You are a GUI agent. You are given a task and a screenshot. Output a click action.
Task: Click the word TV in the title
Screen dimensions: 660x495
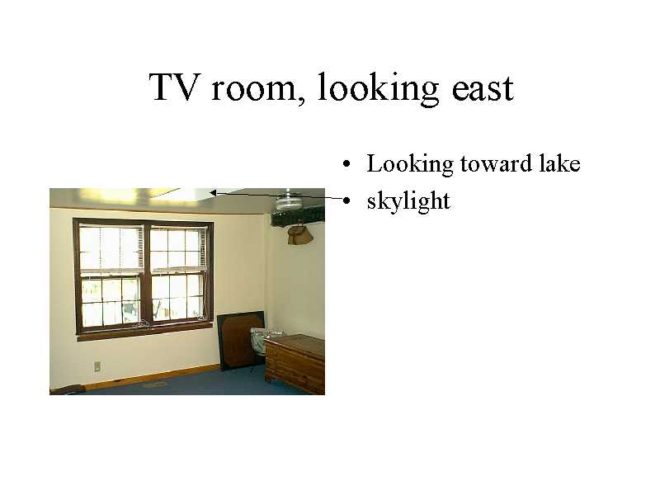(x=173, y=87)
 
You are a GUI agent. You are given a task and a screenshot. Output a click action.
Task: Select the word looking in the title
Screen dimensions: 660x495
(x=378, y=88)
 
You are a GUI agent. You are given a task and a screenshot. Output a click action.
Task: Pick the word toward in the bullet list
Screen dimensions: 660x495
(x=496, y=163)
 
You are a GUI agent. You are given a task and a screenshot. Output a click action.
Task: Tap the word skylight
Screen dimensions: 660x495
(x=408, y=200)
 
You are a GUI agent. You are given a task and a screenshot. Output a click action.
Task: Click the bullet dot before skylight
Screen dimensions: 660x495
(x=346, y=200)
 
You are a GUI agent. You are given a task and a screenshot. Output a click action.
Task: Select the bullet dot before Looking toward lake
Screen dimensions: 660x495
(x=346, y=164)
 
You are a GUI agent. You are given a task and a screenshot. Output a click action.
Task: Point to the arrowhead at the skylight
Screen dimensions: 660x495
(x=213, y=193)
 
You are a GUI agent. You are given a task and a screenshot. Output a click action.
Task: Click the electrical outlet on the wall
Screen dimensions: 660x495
(x=97, y=366)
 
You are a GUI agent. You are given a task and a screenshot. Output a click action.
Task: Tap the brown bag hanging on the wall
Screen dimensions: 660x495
(x=299, y=234)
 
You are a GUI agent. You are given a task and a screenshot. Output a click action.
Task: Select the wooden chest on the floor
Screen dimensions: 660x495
(x=295, y=364)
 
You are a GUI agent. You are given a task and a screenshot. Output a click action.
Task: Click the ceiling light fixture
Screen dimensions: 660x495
(x=289, y=200)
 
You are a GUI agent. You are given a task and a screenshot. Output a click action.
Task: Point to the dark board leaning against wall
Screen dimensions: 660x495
(x=240, y=340)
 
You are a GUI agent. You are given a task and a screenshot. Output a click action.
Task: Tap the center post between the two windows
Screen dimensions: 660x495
(x=146, y=276)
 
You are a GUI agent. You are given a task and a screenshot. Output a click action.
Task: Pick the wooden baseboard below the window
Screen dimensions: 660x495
(x=152, y=376)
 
